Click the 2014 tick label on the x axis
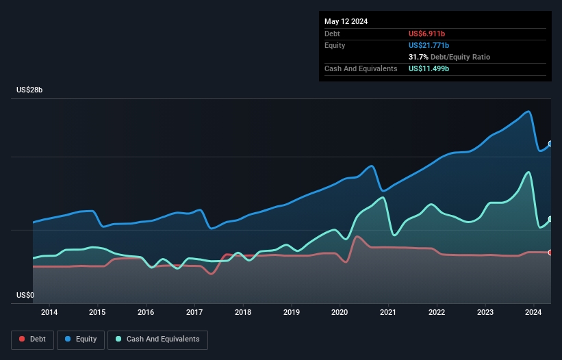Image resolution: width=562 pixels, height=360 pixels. pyautogui.click(x=49, y=313)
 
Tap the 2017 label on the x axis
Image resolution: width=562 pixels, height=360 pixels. pyautogui.click(x=194, y=313)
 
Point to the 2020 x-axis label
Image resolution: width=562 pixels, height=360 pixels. pyautogui.click(x=340, y=313)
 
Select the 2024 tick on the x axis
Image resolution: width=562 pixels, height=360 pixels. pyautogui.click(x=533, y=313)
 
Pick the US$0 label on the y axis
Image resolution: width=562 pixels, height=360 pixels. pyautogui.click(x=25, y=296)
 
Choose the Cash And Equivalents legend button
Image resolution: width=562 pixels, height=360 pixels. pyautogui.click(x=157, y=339)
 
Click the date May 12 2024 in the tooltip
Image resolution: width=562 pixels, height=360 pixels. pyautogui.click(x=346, y=21)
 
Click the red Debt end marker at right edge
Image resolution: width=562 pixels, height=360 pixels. pyautogui.click(x=550, y=253)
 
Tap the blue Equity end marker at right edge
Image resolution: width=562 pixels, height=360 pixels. pyautogui.click(x=550, y=144)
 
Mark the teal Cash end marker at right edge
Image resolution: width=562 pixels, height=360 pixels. pyautogui.click(x=550, y=219)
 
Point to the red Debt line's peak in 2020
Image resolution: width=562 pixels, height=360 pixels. pyautogui.click(x=357, y=237)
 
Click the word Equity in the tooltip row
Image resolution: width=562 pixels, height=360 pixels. pyautogui.click(x=335, y=45)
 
